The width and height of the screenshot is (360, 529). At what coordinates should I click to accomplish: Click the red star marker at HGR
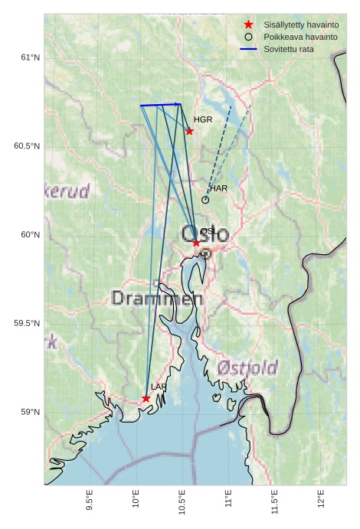189,131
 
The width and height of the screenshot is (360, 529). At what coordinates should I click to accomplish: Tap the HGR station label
203,120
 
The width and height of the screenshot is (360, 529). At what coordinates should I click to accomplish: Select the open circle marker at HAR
205,200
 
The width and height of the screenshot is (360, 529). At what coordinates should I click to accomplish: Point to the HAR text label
218,188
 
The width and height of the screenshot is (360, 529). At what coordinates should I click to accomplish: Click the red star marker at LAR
146,398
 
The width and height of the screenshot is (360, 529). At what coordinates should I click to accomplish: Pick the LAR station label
159,387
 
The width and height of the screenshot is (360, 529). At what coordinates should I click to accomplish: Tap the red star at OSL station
196,243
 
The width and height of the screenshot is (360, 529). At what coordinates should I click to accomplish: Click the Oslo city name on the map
205,234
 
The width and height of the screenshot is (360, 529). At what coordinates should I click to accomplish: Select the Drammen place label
157,298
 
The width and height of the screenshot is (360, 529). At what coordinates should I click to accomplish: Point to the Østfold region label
247,368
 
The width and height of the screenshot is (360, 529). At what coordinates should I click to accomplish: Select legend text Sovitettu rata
289,49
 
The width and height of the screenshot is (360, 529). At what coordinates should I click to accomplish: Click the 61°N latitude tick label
28,57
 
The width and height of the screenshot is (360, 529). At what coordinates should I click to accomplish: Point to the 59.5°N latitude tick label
26,323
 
